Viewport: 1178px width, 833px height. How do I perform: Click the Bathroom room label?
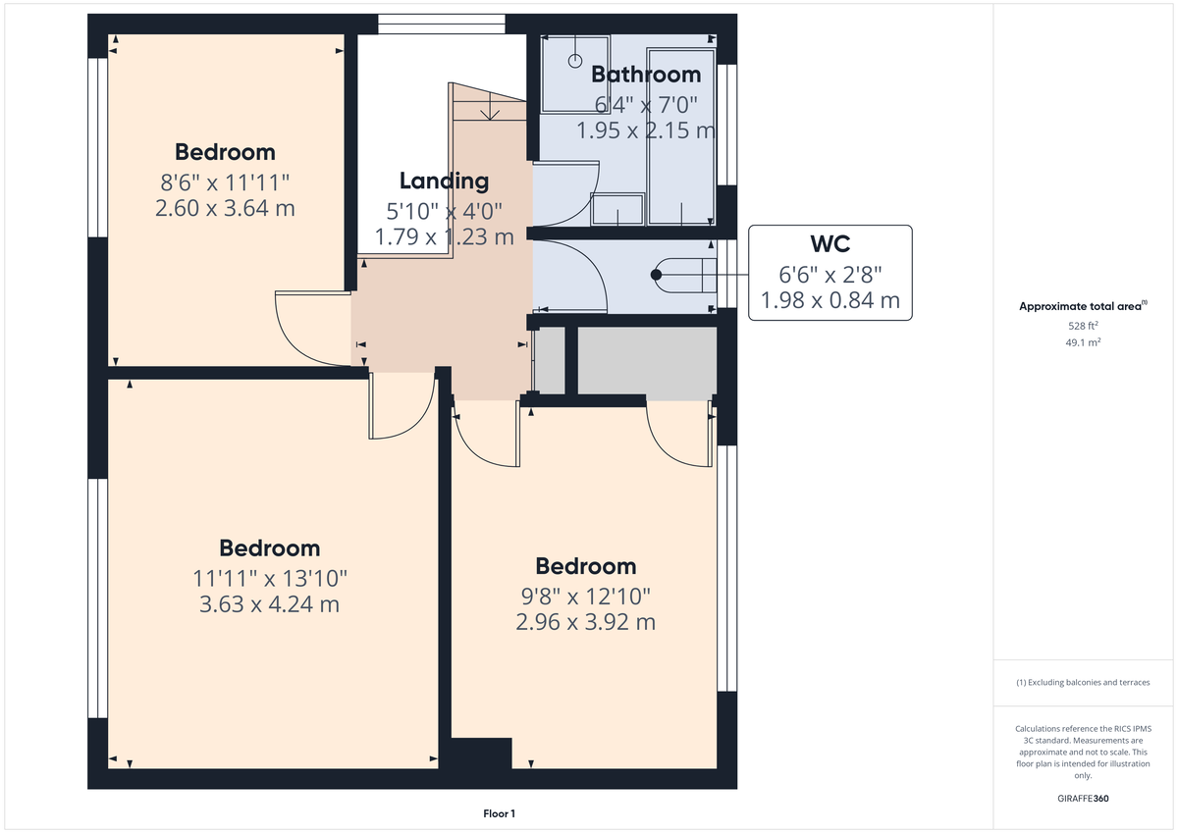click(x=646, y=75)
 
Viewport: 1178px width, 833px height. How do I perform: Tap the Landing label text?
click(x=444, y=181)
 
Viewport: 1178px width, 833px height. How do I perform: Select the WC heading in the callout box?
click(x=830, y=244)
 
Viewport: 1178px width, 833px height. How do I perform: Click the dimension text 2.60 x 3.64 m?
click(x=225, y=208)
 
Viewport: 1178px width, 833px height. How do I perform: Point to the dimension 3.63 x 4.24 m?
click(x=269, y=604)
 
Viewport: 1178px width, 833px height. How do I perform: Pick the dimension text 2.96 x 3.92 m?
click(x=585, y=622)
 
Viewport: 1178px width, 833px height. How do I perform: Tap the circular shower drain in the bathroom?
click(x=575, y=60)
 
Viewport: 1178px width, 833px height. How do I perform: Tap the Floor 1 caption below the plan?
click(x=499, y=813)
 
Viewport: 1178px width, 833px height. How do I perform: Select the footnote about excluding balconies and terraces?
click(x=1082, y=682)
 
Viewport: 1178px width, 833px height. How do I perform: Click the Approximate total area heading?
click(x=1080, y=306)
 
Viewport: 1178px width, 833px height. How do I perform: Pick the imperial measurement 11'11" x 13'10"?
click(x=269, y=578)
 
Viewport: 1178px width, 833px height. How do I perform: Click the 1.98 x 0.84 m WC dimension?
click(x=830, y=300)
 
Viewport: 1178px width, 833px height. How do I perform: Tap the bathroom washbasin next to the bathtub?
click(x=618, y=208)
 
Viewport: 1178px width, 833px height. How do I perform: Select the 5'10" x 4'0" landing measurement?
click(x=444, y=209)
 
